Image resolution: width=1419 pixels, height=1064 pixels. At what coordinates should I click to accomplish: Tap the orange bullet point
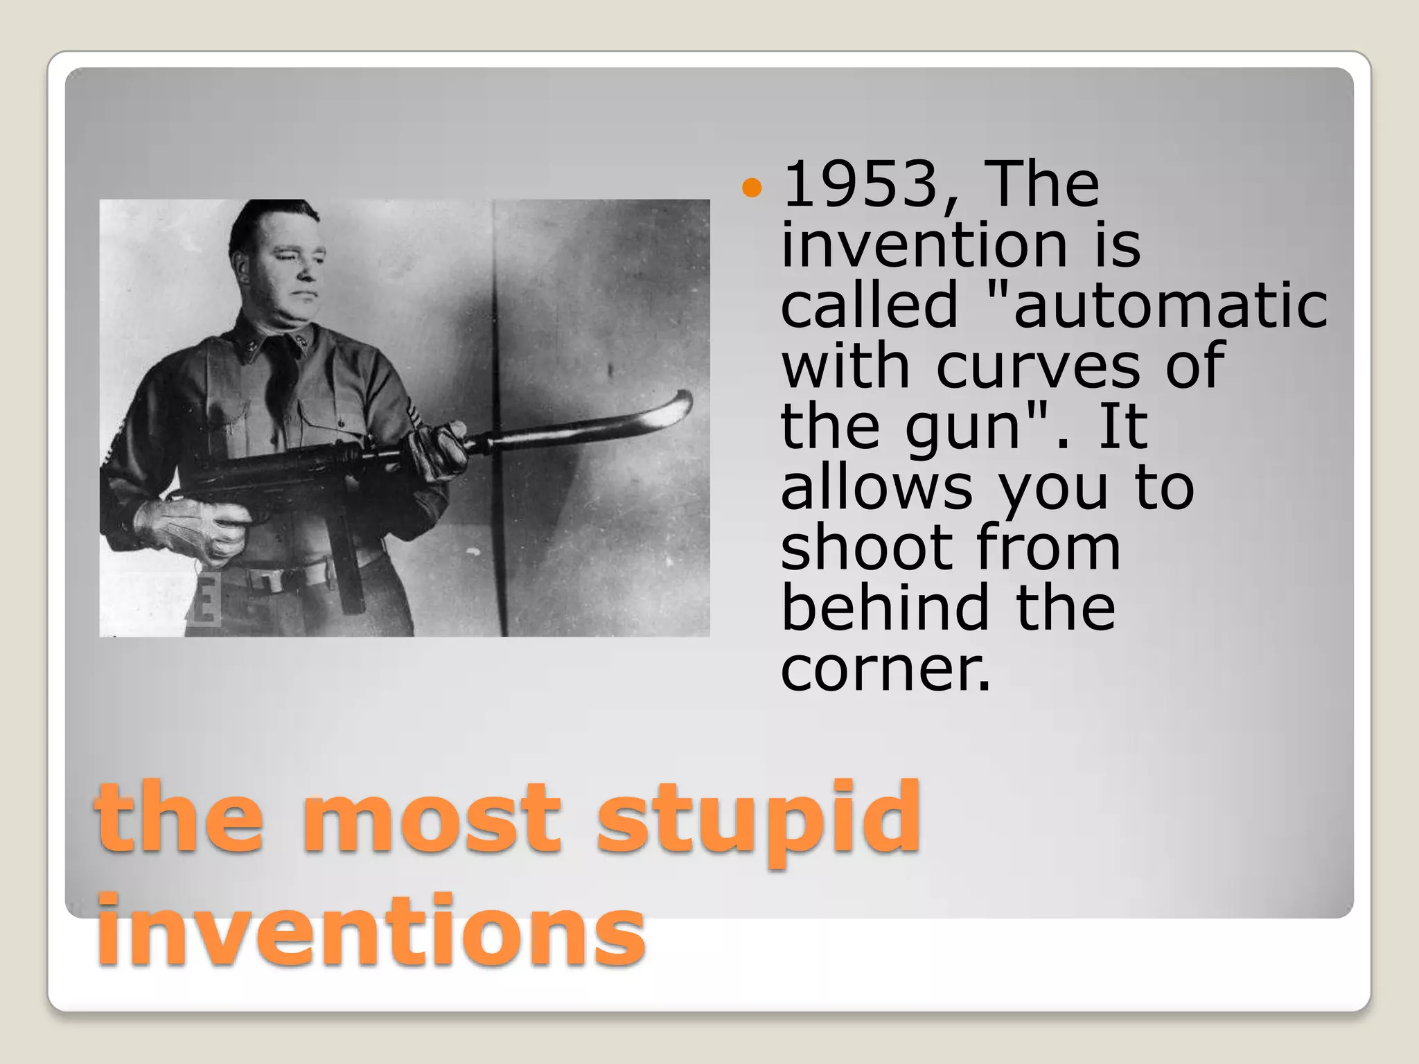point(751,187)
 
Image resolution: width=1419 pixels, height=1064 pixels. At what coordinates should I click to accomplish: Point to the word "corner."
point(885,669)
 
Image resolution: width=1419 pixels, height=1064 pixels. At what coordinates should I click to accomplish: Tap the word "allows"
point(876,488)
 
